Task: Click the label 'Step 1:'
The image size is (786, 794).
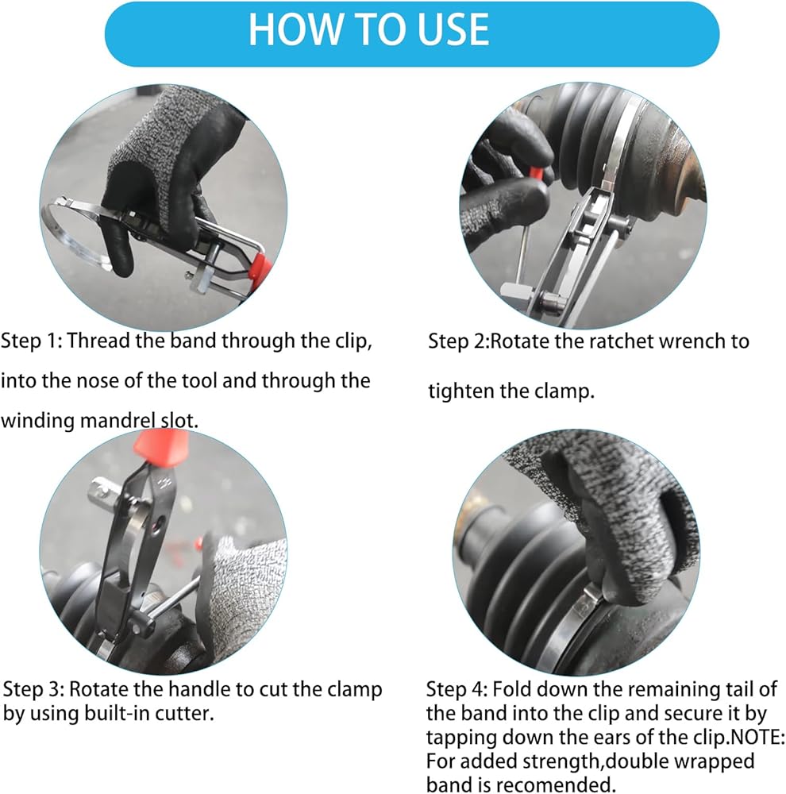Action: click(x=32, y=341)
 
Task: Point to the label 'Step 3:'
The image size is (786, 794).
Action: click(x=33, y=688)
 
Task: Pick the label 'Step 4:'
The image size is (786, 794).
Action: click(x=457, y=689)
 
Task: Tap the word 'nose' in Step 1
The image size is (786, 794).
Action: click(x=97, y=380)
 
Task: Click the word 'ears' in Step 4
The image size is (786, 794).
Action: click(x=577, y=738)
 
